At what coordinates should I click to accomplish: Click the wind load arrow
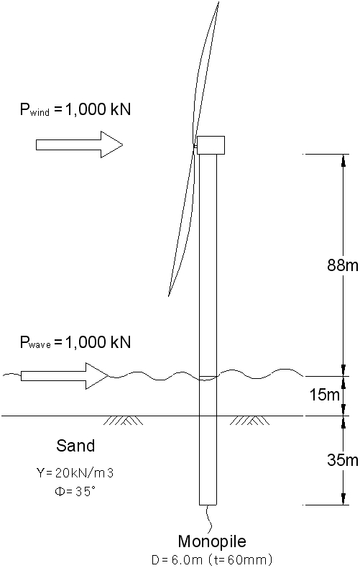coord(79,145)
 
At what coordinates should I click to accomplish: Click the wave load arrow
coord(65,376)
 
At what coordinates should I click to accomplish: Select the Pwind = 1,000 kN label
coord(75,109)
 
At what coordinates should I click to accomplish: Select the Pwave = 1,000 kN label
coord(75,342)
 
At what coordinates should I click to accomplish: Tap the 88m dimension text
coord(343,265)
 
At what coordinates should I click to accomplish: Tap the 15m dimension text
coord(325,395)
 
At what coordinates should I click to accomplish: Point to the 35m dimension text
coord(343,459)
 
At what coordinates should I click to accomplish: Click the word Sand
coord(75,446)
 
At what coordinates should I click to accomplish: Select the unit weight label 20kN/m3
coord(75,472)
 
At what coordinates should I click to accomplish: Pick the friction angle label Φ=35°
coord(75,491)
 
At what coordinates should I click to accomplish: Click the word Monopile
coord(212,541)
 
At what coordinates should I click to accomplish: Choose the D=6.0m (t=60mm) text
coord(211,559)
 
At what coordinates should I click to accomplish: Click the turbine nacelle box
coord(211,145)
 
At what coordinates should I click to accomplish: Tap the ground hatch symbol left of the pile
coord(123,421)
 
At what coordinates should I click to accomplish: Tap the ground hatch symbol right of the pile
coord(249,421)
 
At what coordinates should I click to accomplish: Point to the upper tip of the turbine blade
coord(218,2)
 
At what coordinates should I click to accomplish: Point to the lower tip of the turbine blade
coord(168,296)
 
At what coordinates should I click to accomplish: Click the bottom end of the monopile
coord(208,505)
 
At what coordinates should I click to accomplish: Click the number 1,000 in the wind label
coord(86,109)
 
